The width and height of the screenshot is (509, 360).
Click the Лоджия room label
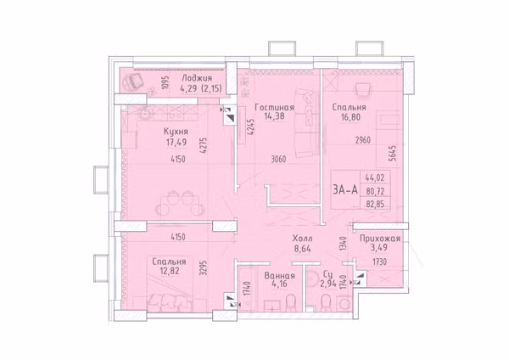tap(197, 78)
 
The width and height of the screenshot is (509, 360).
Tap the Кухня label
tap(176, 132)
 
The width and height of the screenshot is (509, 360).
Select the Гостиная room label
tap(274, 108)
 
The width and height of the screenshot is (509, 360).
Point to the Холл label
tap(302, 239)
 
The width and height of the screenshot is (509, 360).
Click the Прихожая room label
tap(380, 239)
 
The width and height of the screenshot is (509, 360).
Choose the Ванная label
tap(279, 276)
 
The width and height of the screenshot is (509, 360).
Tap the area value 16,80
tap(350, 117)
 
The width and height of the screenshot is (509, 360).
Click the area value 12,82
tap(169, 271)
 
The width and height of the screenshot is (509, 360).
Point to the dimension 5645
tap(393, 153)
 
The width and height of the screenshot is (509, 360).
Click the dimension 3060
tap(278, 160)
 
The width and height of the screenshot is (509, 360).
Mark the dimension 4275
tap(204, 147)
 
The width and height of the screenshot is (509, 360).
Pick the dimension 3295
tap(204, 268)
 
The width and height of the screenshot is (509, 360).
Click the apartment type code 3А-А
tap(345, 189)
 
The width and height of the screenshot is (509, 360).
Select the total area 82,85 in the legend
tap(375, 204)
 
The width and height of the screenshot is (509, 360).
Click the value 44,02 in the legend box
tap(375, 178)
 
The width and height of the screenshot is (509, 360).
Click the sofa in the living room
tap(305, 123)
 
